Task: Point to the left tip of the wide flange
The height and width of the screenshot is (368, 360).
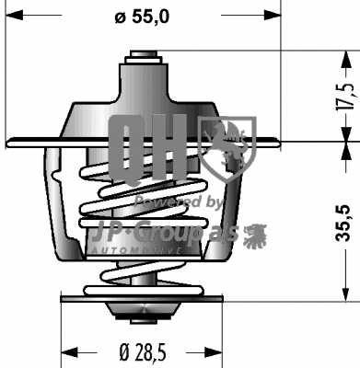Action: click(8, 143)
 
